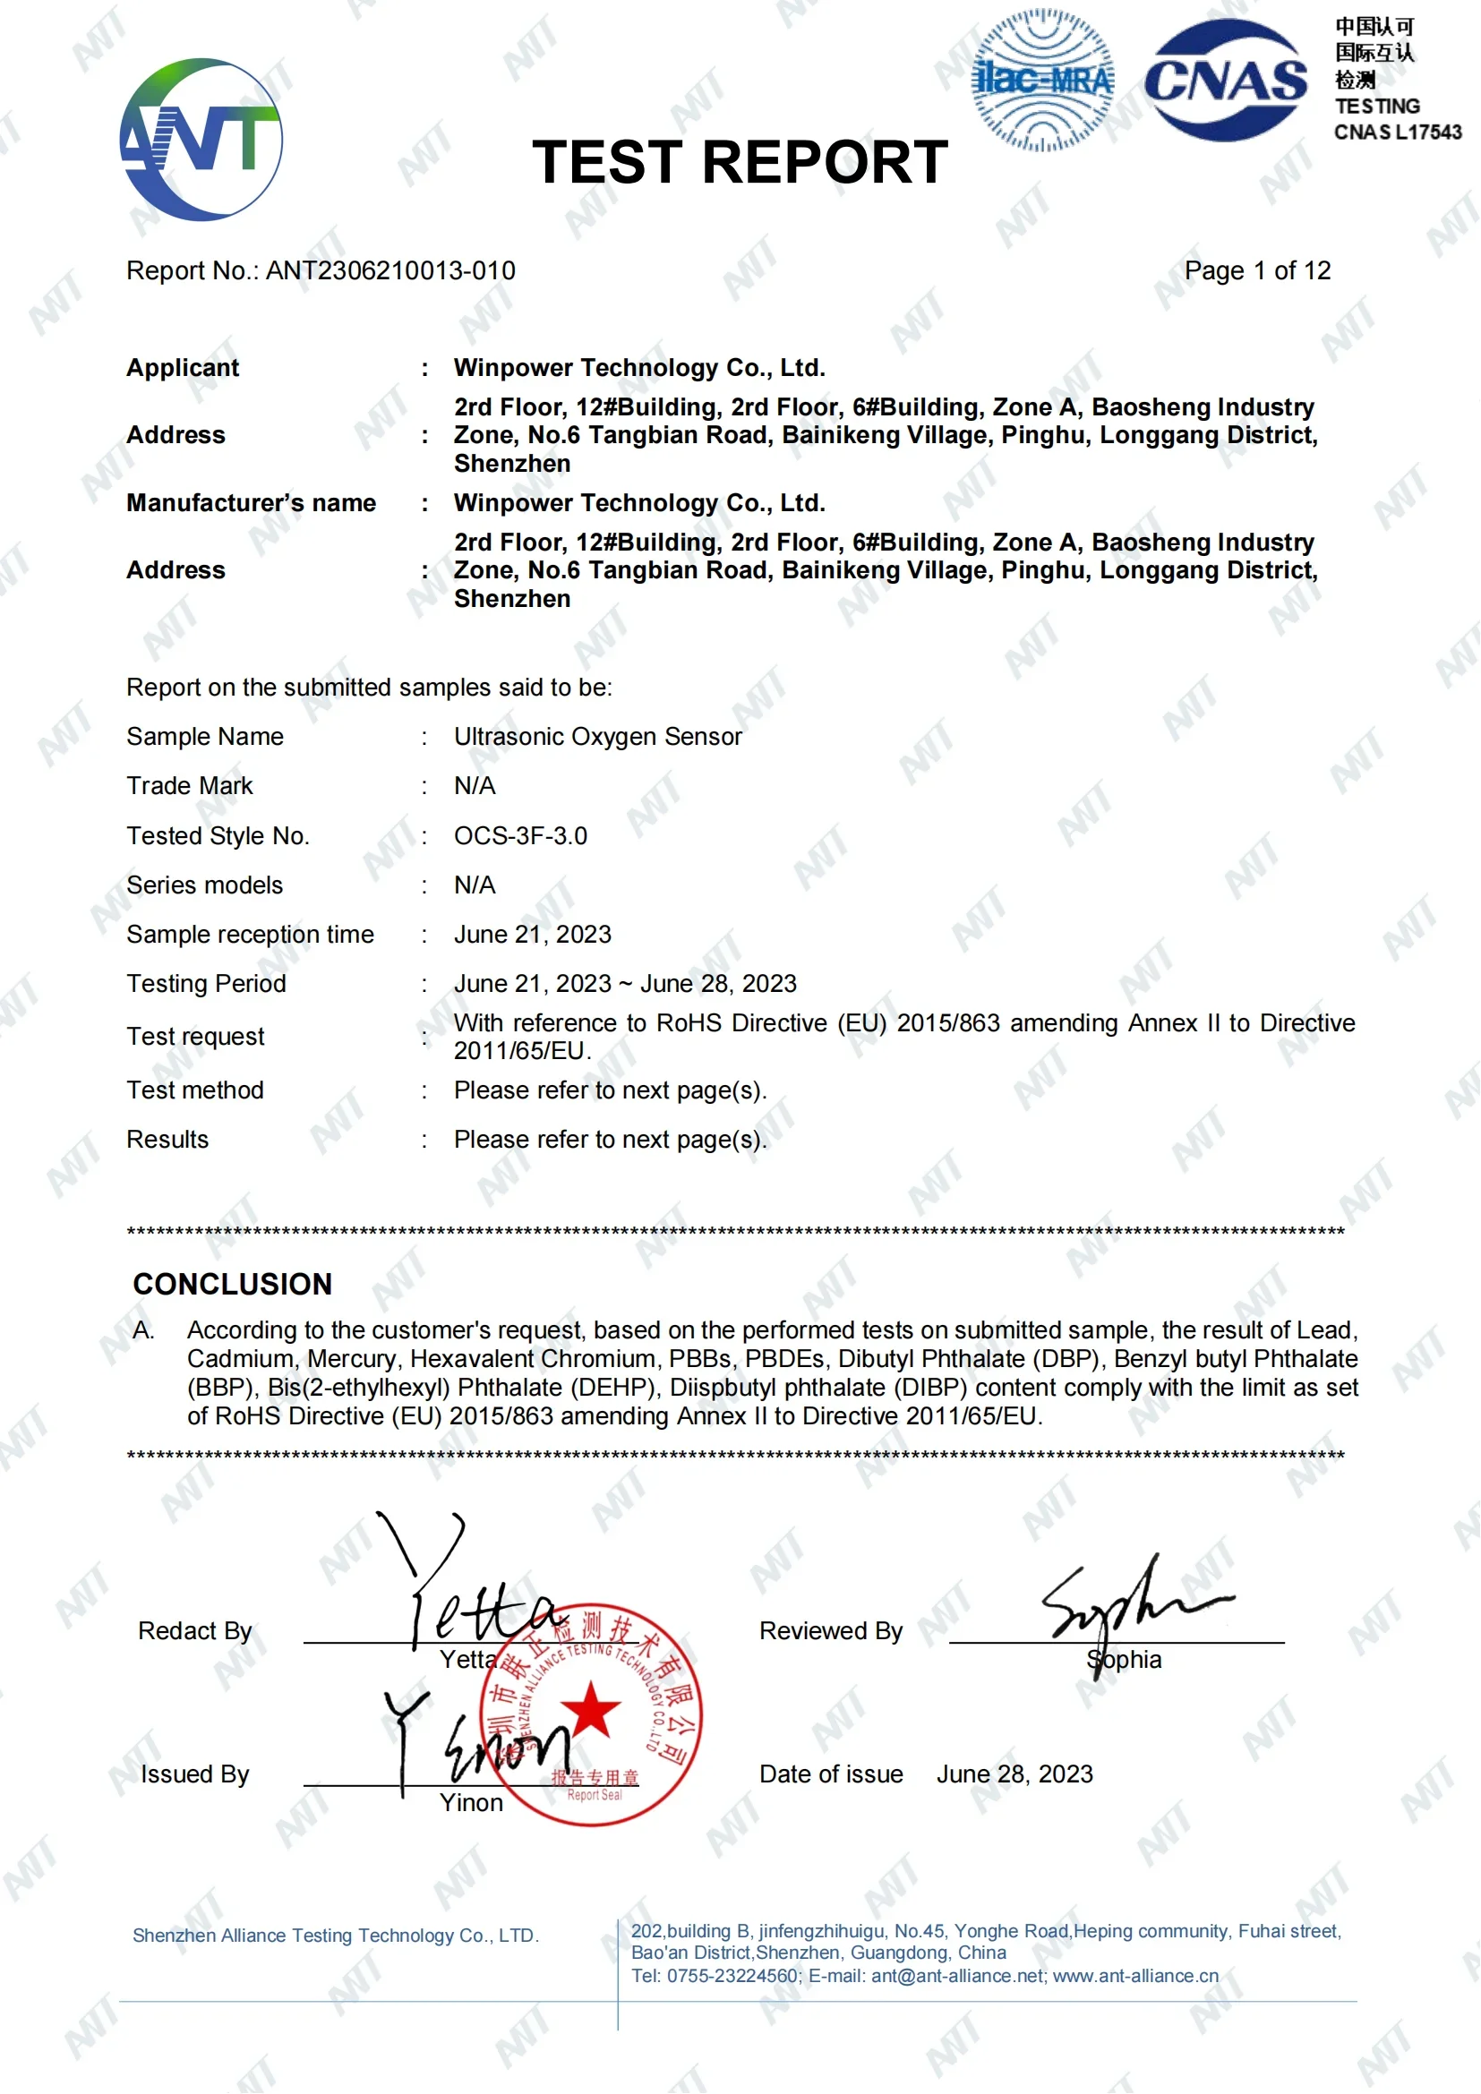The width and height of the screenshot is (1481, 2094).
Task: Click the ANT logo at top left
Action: coord(201,140)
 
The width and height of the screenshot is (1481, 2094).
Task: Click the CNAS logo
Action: coord(1226,81)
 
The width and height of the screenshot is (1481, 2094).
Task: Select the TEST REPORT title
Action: coord(740,162)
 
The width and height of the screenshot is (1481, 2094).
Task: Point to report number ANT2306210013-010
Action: coord(390,271)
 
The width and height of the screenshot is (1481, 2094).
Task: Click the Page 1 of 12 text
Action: coord(1256,271)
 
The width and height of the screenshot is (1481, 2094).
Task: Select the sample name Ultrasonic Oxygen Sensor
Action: coord(598,737)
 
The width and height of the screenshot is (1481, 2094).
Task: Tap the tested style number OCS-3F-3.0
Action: coord(521,836)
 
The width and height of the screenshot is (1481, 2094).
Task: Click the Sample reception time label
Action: coord(250,935)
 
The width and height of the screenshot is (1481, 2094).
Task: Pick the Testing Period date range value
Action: coord(626,984)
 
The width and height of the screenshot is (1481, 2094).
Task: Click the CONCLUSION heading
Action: coord(233,1284)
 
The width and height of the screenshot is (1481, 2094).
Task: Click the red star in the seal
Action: coord(591,1709)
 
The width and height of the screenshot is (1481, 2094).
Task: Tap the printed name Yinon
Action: coord(472,1803)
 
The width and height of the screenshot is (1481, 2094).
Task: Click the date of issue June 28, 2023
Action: coord(1014,1773)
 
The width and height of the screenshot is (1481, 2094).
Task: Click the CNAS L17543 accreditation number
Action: coord(1397,132)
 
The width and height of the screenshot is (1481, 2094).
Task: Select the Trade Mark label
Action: coord(190,786)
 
